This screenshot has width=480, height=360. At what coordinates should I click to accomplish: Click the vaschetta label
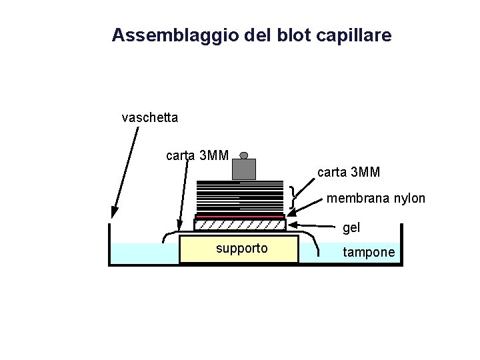click(150, 118)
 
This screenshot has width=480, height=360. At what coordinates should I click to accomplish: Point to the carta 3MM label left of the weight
click(197, 156)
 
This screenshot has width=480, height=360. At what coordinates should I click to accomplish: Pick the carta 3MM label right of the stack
click(349, 172)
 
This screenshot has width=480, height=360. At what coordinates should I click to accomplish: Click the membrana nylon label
click(375, 199)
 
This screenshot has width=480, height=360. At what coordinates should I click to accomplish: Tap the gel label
click(351, 228)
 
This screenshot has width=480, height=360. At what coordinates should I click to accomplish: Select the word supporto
click(242, 249)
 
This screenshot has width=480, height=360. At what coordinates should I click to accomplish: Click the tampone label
click(369, 252)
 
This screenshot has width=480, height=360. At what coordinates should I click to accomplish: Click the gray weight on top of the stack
click(243, 169)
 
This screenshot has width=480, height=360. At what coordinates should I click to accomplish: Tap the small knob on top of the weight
click(244, 155)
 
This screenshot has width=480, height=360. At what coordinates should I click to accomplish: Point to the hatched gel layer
click(239, 225)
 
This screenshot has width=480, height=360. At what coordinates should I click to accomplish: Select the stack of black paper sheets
click(239, 197)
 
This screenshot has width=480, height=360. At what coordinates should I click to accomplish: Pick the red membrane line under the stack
click(239, 217)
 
